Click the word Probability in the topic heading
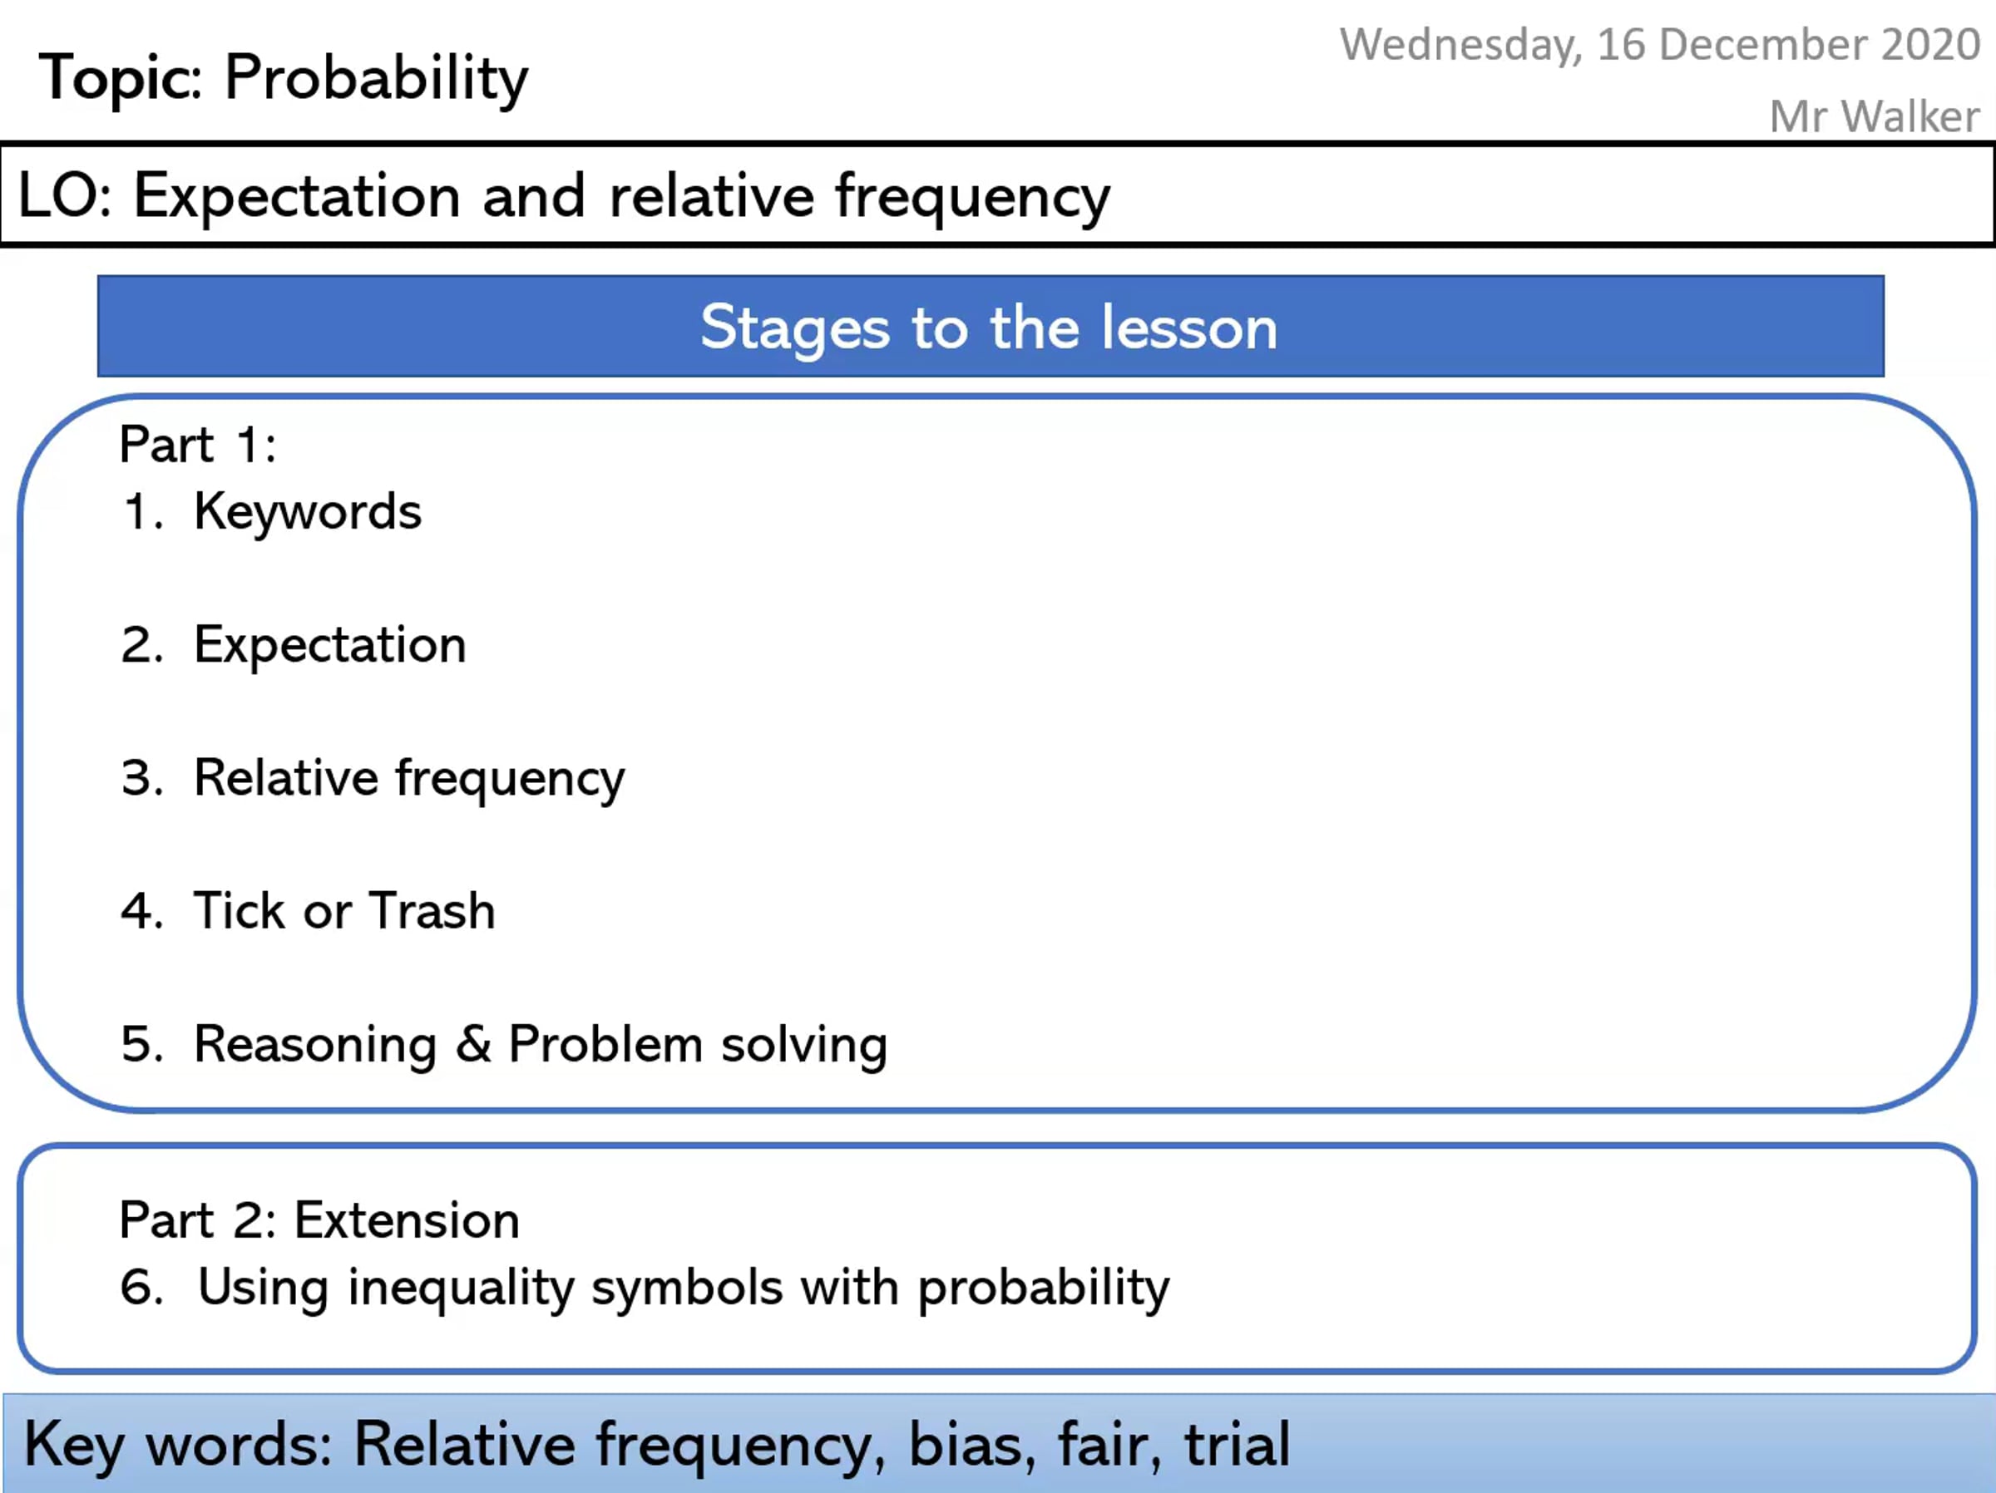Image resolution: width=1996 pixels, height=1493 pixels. (376, 79)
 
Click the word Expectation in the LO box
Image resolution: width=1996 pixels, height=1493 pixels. (297, 198)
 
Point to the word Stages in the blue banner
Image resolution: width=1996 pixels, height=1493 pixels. (795, 329)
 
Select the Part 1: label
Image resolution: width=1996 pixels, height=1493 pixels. (198, 445)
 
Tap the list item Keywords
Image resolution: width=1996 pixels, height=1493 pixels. (308, 512)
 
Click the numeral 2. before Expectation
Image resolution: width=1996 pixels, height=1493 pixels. (142, 645)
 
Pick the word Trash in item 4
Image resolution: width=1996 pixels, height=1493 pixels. (432, 910)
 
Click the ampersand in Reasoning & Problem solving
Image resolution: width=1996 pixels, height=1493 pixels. (473, 1044)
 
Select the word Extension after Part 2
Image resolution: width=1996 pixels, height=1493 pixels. (407, 1220)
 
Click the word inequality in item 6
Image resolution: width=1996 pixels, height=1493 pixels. (461, 1289)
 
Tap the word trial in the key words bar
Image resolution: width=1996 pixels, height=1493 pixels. (1238, 1444)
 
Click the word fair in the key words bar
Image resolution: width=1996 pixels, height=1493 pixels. (1109, 1444)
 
